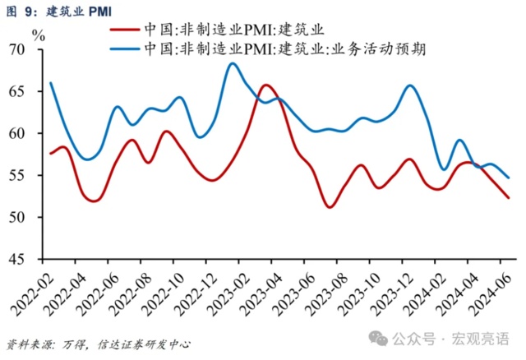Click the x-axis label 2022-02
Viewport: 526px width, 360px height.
tap(31, 292)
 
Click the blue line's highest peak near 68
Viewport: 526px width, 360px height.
tap(233, 63)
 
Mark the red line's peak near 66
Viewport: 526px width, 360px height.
tap(265, 85)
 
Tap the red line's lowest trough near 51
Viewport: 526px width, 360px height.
tap(330, 206)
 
